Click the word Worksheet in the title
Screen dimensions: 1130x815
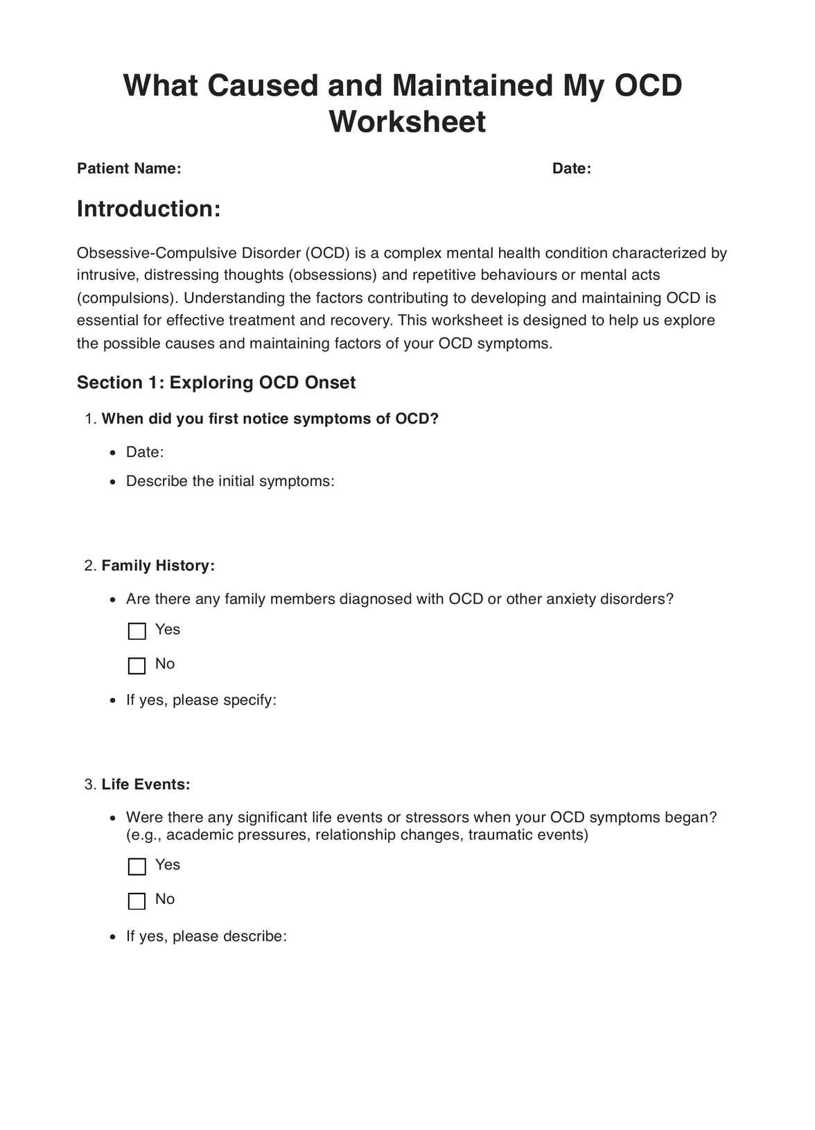(x=407, y=122)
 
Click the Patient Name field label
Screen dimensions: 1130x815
(x=129, y=168)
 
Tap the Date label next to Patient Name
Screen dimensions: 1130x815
(x=571, y=168)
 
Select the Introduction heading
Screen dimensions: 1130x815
(x=148, y=209)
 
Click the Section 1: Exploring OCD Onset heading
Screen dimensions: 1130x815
(x=216, y=383)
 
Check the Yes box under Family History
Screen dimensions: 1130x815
(x=137, y=631)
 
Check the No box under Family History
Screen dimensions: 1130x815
(x=137, y=666)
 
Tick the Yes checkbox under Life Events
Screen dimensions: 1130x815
(x=137, y=866)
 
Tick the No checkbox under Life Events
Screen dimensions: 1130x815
(x=137, y=901)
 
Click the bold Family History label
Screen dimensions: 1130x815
(x=158, y=566)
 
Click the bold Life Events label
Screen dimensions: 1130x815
(x=146, y=785)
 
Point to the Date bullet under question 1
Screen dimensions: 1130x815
(x=145, y=453)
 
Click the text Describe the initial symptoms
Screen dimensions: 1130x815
(x=230, y=481)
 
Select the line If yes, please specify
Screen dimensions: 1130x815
(x=201, y=700)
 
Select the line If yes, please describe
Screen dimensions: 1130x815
(x=206, y=937)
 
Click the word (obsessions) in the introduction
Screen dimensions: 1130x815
(x=332, y=275)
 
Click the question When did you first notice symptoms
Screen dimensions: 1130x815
(x=270, y=419)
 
